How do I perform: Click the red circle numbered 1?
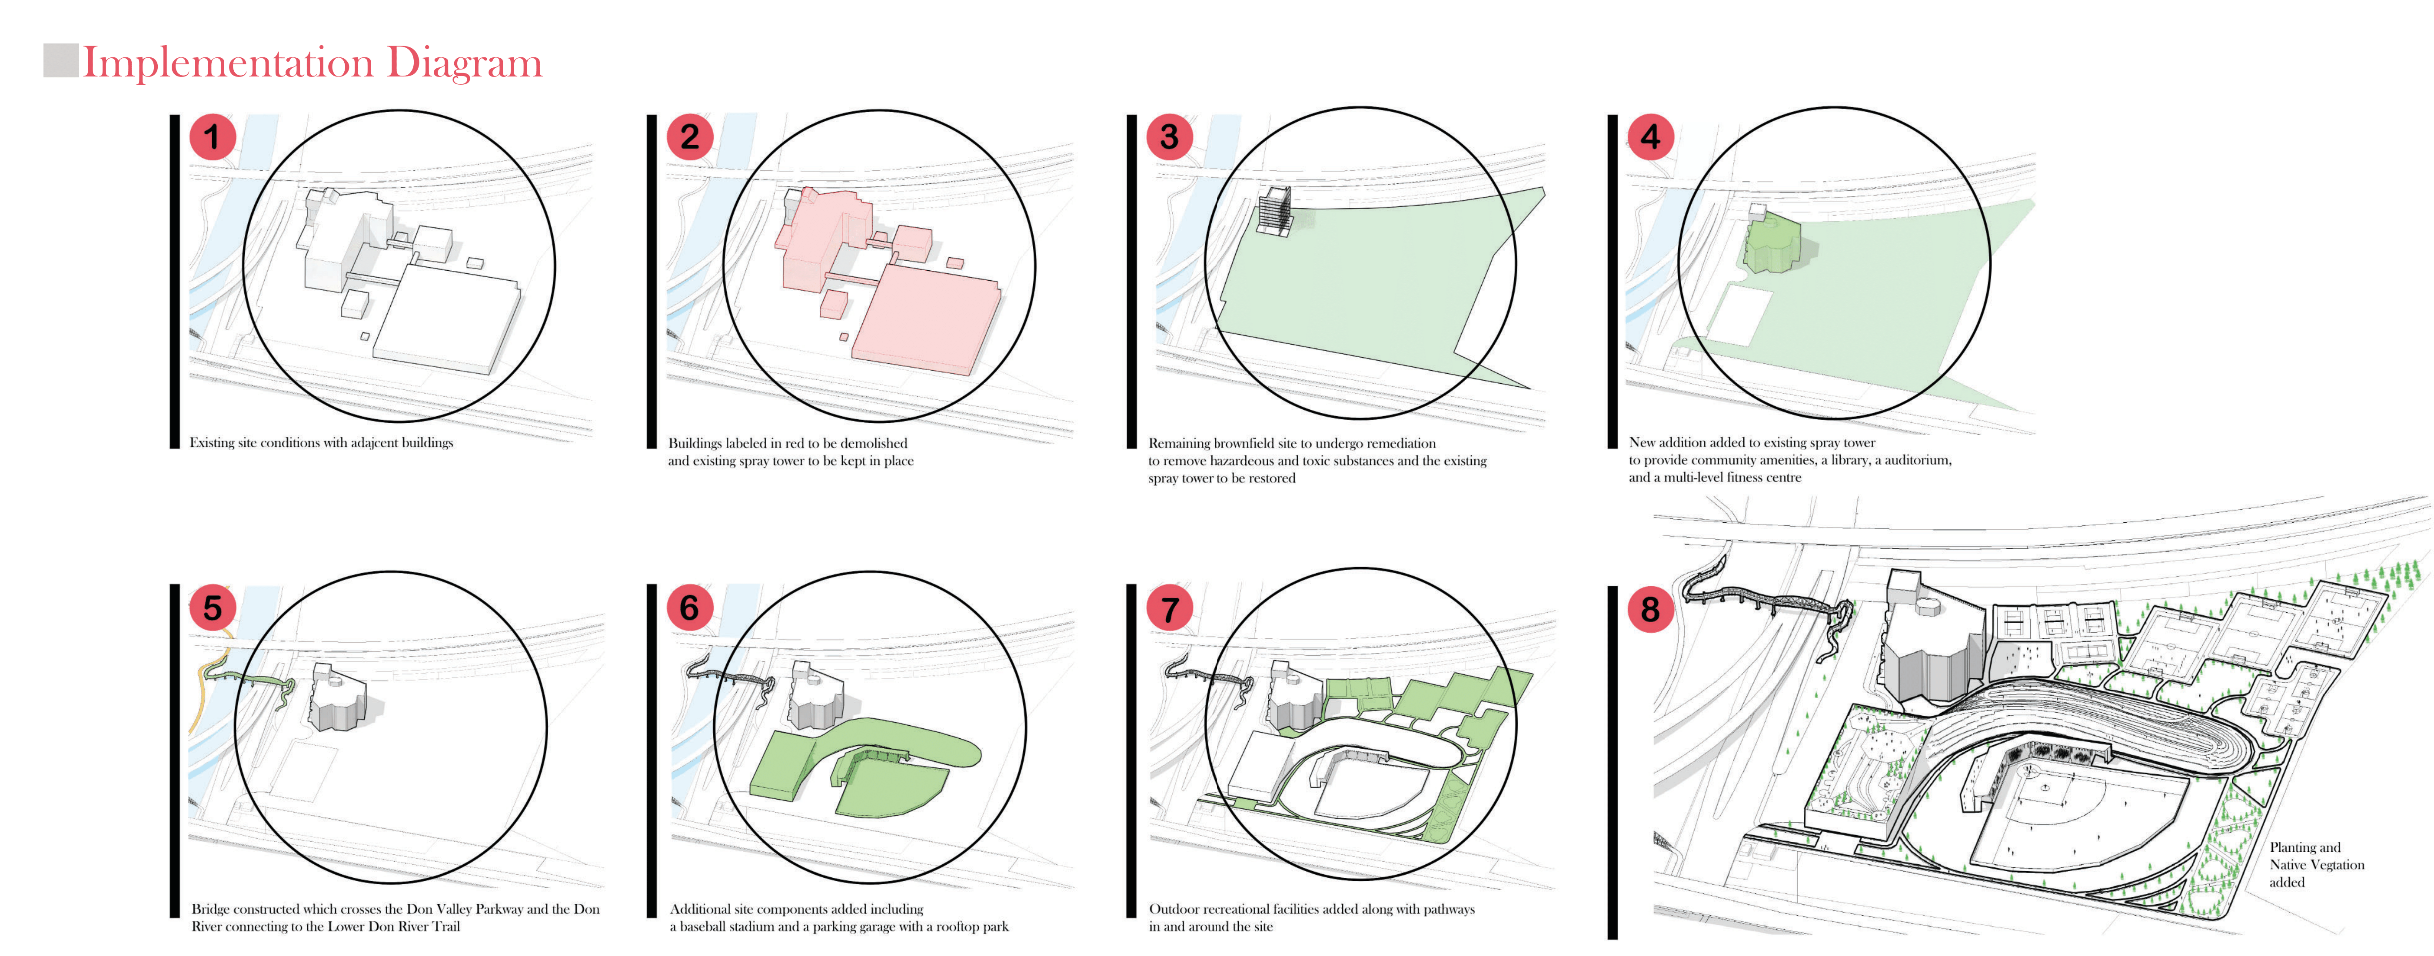pos(213,137)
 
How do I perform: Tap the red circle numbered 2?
pos(691,137)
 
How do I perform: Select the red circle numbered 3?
pos(1170,137)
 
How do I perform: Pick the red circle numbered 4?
pos(1651,137)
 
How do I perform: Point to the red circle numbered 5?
pos(213,607)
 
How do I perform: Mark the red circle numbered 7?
pos(1170,609)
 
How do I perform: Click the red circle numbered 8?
pos(1651,609)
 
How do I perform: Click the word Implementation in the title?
pos(229,63)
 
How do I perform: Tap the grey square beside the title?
pos(61,60)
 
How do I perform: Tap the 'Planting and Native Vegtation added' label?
pos(2317,864)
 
